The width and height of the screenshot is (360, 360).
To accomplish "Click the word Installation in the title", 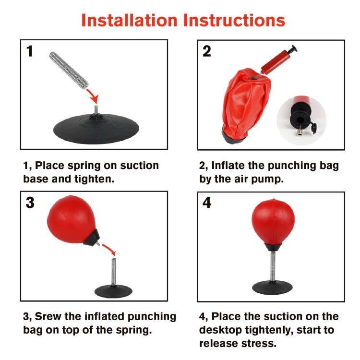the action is pos(129,21).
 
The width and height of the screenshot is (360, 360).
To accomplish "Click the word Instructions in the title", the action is pos(234,21).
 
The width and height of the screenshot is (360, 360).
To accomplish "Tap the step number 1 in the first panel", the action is pos(30,51).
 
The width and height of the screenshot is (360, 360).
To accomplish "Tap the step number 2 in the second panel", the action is pos(206,51).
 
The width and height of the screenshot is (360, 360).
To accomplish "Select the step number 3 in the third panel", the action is pos(30,203).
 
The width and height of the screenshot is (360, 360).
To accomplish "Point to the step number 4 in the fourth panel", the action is pos(207,203).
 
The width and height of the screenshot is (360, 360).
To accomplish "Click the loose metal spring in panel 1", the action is pos(69,70).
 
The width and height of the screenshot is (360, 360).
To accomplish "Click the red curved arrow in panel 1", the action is pos(94,96).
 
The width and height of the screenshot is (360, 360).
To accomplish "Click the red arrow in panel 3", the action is pos(109,250).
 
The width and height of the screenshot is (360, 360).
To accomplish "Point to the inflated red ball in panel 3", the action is pos(71,219).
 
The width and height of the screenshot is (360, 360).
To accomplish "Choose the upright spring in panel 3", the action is pos(114,272).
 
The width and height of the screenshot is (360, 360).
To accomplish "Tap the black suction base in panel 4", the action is pos(272,288).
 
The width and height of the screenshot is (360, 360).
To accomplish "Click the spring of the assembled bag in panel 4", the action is pos(273,266).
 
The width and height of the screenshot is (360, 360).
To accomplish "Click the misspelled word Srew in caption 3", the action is pos(48,316).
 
